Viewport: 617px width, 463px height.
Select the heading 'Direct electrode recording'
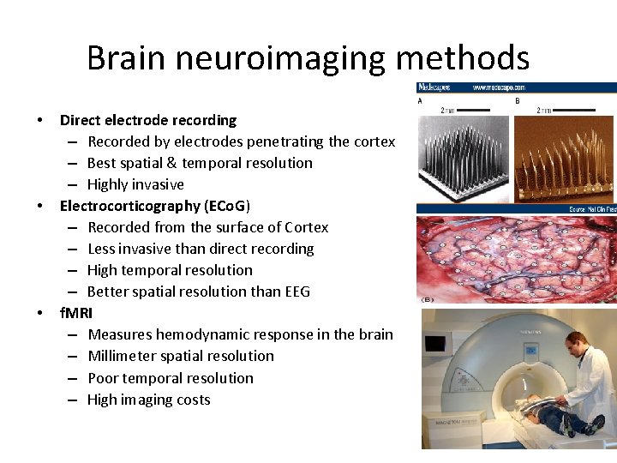(x=147, y=120)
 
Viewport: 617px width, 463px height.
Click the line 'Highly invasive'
(x=135, y=184)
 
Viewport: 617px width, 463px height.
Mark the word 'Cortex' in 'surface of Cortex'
(x=306, y=227)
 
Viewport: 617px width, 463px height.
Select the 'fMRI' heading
(x=76, y=313)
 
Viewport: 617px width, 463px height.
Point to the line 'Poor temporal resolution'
(x=170, y=378)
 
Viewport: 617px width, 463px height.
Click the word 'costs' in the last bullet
(x=193, y=400)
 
